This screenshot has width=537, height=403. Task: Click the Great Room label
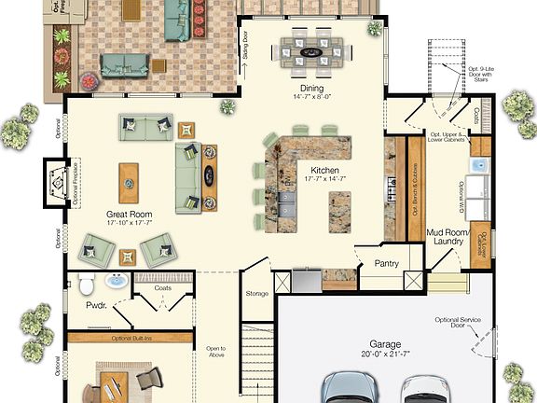(x=130, y=214)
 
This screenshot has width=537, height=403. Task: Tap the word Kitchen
(x=324, y=171)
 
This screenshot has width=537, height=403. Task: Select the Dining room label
(x=312, y=89)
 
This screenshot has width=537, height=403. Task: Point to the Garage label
(x=384, y=343)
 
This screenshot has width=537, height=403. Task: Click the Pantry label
(x=387, y=264)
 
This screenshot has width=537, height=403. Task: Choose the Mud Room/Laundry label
(x=447, y=235)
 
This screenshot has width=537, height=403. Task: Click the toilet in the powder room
(x=84, y=284)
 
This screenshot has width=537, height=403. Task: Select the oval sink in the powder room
(x=117, y=281)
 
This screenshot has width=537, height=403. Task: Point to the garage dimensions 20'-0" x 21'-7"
(x=384, y=354)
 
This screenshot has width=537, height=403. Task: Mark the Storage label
(x=257, y=294)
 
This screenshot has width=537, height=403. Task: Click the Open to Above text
(x=216, y=353)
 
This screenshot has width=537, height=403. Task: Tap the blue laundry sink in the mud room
(x=477, y=166)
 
